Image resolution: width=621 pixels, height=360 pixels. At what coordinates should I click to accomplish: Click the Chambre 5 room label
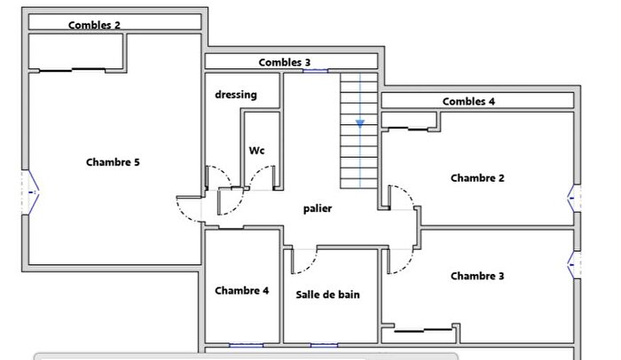point(113,162)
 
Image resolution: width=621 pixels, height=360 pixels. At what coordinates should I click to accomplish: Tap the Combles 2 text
point(95,25)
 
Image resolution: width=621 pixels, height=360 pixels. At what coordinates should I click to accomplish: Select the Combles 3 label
point(285,62)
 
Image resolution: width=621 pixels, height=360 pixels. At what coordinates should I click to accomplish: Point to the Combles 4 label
point(468,101)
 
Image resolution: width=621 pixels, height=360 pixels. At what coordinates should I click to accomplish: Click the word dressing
point(235,94)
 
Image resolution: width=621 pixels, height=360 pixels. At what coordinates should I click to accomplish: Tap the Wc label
point(257,150)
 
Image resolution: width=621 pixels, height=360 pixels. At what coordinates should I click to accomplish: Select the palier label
point(318,208)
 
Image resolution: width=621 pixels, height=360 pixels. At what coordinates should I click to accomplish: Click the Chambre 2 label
point(477,177)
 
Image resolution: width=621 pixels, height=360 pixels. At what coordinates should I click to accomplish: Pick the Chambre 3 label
point(477,276)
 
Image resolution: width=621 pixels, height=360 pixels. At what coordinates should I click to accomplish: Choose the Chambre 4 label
point(241,290)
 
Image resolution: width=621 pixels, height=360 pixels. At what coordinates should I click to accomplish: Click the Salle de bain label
point(327,293)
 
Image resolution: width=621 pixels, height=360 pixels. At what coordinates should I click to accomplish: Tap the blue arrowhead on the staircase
point(360,124)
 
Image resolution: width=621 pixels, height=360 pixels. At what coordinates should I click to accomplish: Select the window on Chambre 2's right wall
point(574,197)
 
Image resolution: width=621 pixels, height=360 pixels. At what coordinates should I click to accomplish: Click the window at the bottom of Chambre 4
point(246,345)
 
